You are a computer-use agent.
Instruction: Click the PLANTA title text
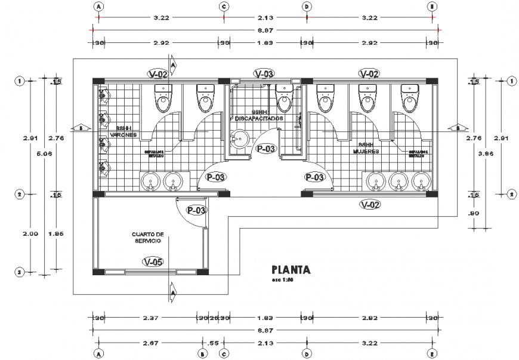pos(291,269)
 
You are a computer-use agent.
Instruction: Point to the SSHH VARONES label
pos(123,131)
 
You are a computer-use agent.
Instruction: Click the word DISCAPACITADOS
pos(259,119)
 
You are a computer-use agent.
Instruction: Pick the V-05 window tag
pos(153,261)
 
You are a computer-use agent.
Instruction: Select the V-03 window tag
pos(264,74)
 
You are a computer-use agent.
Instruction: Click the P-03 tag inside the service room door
pos(196,210)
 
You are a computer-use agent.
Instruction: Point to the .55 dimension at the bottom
pos(213,343)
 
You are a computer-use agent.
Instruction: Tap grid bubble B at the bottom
pos(203,353)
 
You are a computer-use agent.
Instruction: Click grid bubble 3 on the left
pos(20,272)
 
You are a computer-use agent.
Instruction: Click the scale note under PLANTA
pos(282,279)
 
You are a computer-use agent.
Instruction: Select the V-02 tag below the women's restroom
pos(370,204)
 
